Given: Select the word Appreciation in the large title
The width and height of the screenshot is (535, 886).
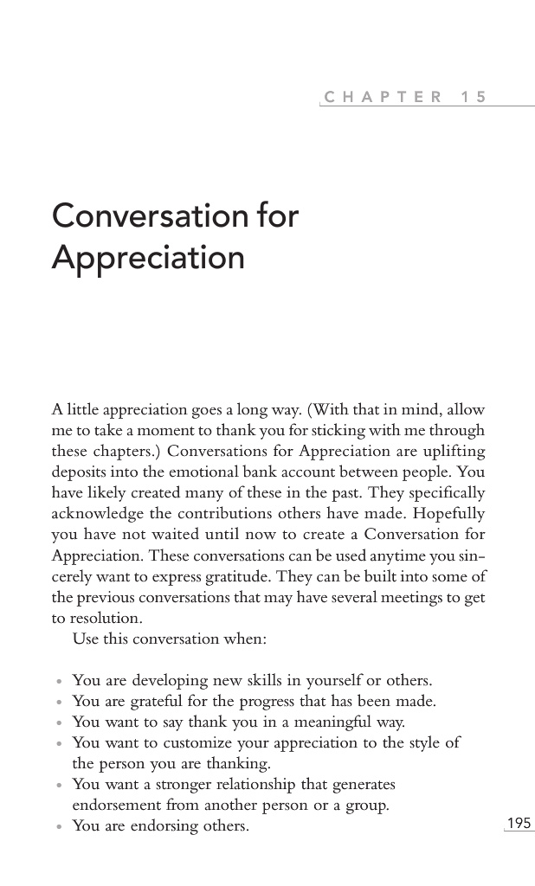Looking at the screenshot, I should pyautogui.click(x=148, y=257).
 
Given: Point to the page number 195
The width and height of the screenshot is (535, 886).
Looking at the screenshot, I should pyautogui.click(x=519, y=823).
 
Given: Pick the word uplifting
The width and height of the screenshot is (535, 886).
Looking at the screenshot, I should pyautogui.click(x=454, y=451).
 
